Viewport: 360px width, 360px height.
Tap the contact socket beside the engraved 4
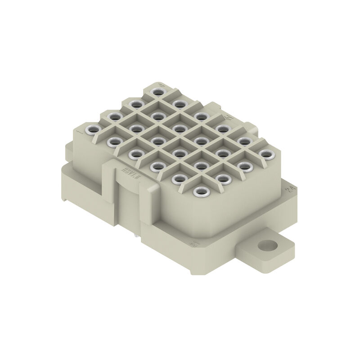pyautogui.click(x=157, y=92)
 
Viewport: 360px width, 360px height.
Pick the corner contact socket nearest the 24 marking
pyautogui.click(x=266, y=155)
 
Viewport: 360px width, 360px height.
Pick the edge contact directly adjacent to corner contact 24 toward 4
pyautogui.click(x=245, y=142)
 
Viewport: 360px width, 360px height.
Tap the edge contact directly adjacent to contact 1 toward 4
pyautogui.click(x=114, y=117)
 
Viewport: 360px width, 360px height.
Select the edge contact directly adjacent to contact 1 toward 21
pyautogui.click(x=113, y=142)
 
